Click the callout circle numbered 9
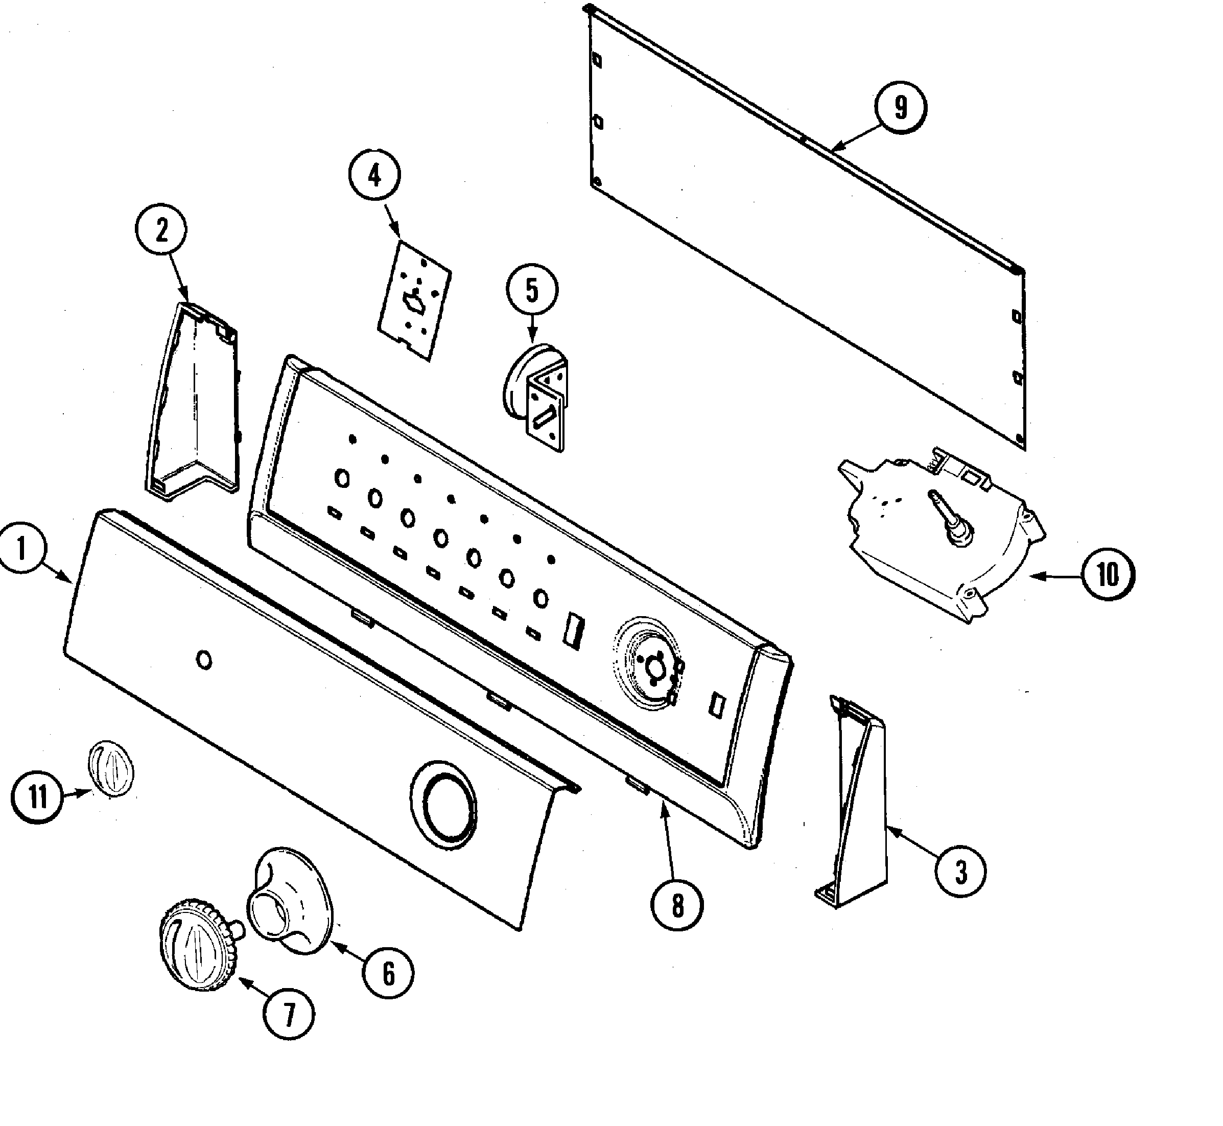point(900,108)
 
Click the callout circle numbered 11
point(37,796)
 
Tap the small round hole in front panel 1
point(205,661)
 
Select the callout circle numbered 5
point(532,291)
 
